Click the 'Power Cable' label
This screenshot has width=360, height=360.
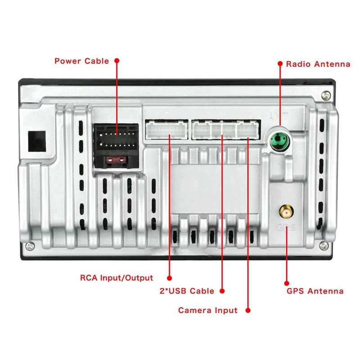[x=81, y=61]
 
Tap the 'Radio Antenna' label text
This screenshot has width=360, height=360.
[x=318, y=64]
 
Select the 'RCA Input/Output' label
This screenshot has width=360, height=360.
[x=117, y=278]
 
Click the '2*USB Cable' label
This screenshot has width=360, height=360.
[x=187, y=291]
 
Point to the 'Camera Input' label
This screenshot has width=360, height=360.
[x=207, y=310]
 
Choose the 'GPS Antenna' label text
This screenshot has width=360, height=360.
[x=315, y=291]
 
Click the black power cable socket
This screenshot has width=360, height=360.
[x=116, y=139]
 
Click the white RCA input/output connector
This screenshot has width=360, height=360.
[x=166, y=130]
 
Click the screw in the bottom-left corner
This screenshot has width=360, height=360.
[x=29, y=246]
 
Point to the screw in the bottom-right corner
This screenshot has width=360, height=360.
[x=324, y=245]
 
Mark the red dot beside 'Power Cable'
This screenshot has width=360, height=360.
[x=117, y=60]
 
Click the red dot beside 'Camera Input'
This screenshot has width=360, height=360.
[x=247, y=310]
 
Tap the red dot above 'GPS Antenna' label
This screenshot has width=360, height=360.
[x=287, y=283]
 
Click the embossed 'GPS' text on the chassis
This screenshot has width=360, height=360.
[x=286, y=227]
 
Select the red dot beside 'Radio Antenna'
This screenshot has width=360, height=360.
[x=279, y=64]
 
